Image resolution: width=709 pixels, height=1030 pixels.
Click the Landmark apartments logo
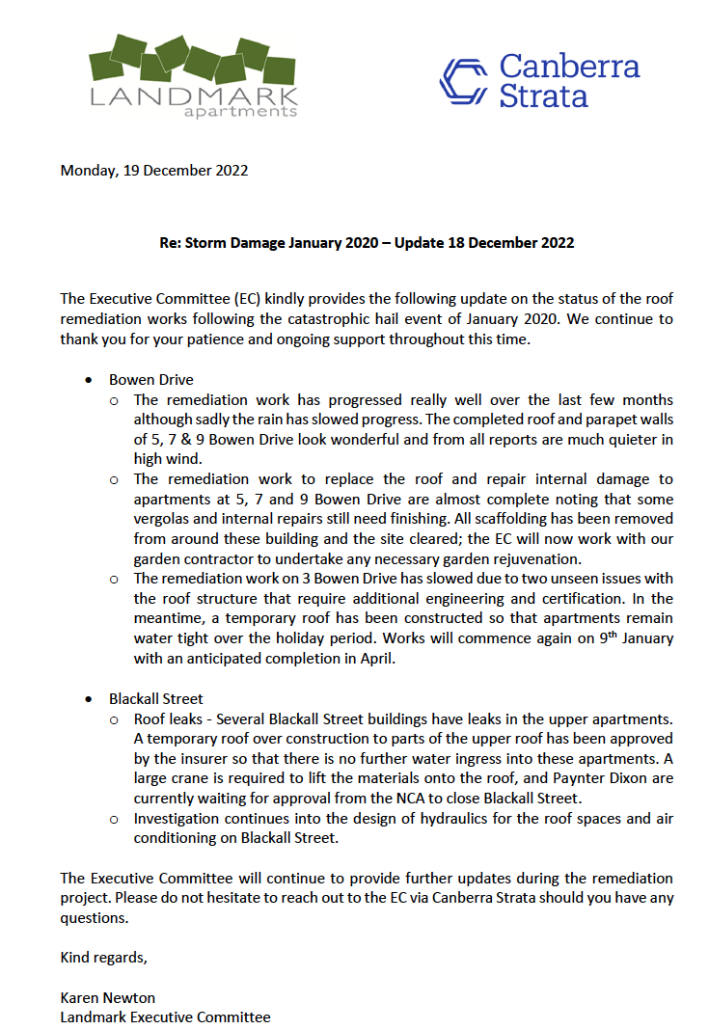point(193,75)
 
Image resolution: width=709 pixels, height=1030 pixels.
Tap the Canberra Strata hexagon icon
point(464,80)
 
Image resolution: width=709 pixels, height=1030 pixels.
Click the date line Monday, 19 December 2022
point(154,171)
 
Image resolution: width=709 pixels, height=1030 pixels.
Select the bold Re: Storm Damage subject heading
point(367,242)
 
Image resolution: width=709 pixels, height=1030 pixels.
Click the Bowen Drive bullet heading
point(150,380)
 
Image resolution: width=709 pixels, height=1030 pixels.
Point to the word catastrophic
point(396,318)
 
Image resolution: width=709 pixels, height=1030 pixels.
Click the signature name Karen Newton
point(108,997)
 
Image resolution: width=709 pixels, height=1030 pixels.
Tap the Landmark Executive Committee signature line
point(165,1016)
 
